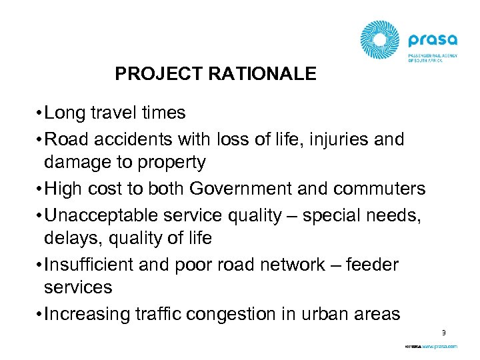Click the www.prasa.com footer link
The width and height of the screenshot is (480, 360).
439,347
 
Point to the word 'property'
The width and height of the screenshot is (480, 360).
173,162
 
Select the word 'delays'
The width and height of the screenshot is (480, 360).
67,238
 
